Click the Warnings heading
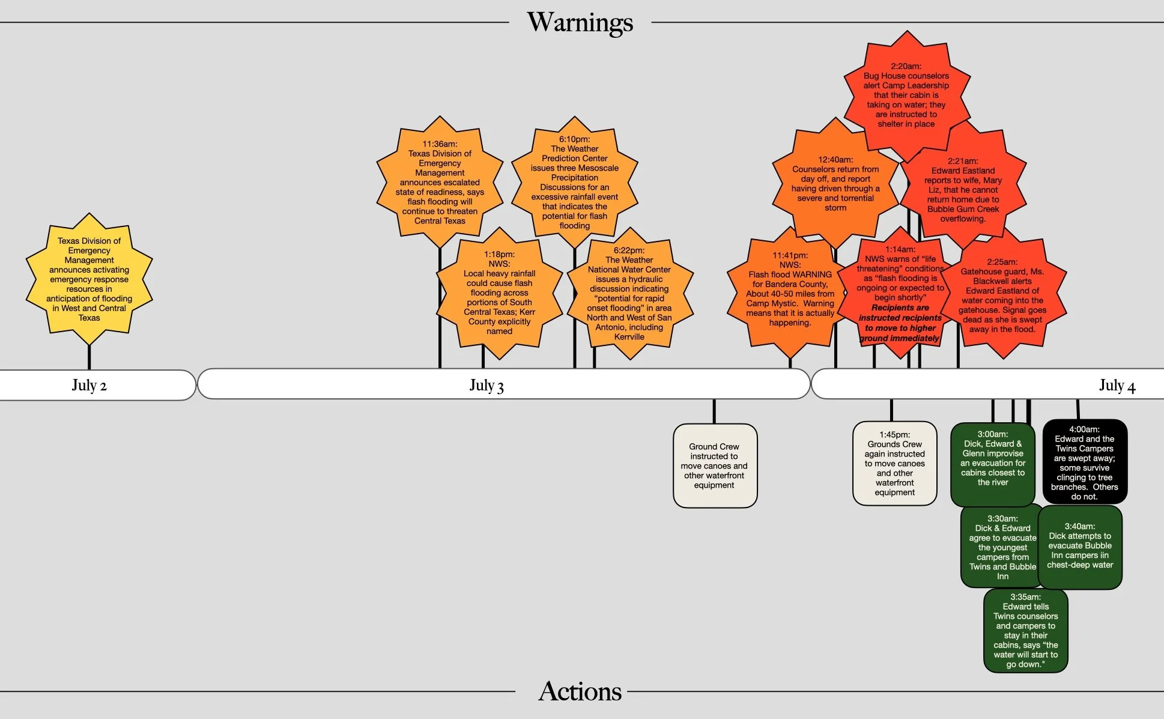coord(580,23)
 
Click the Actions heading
coord(580,691)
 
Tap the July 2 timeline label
coord(89,385)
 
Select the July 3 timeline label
coord(487,385)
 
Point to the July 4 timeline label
coord(1117,385)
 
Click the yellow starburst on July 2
coord(89,279)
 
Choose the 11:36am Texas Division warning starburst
coord(440,182)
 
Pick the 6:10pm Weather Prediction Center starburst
coord(574,182)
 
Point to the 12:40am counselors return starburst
coord(835,183)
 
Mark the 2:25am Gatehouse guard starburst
coord(1002,295)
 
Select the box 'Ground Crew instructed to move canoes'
coord(714,466)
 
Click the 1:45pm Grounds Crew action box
coord(894,463)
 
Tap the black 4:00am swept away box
coord(1084,462)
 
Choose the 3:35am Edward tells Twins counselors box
coord(1025,630)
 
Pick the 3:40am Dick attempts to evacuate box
coord(1079,546)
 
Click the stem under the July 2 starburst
coord(89,357)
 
